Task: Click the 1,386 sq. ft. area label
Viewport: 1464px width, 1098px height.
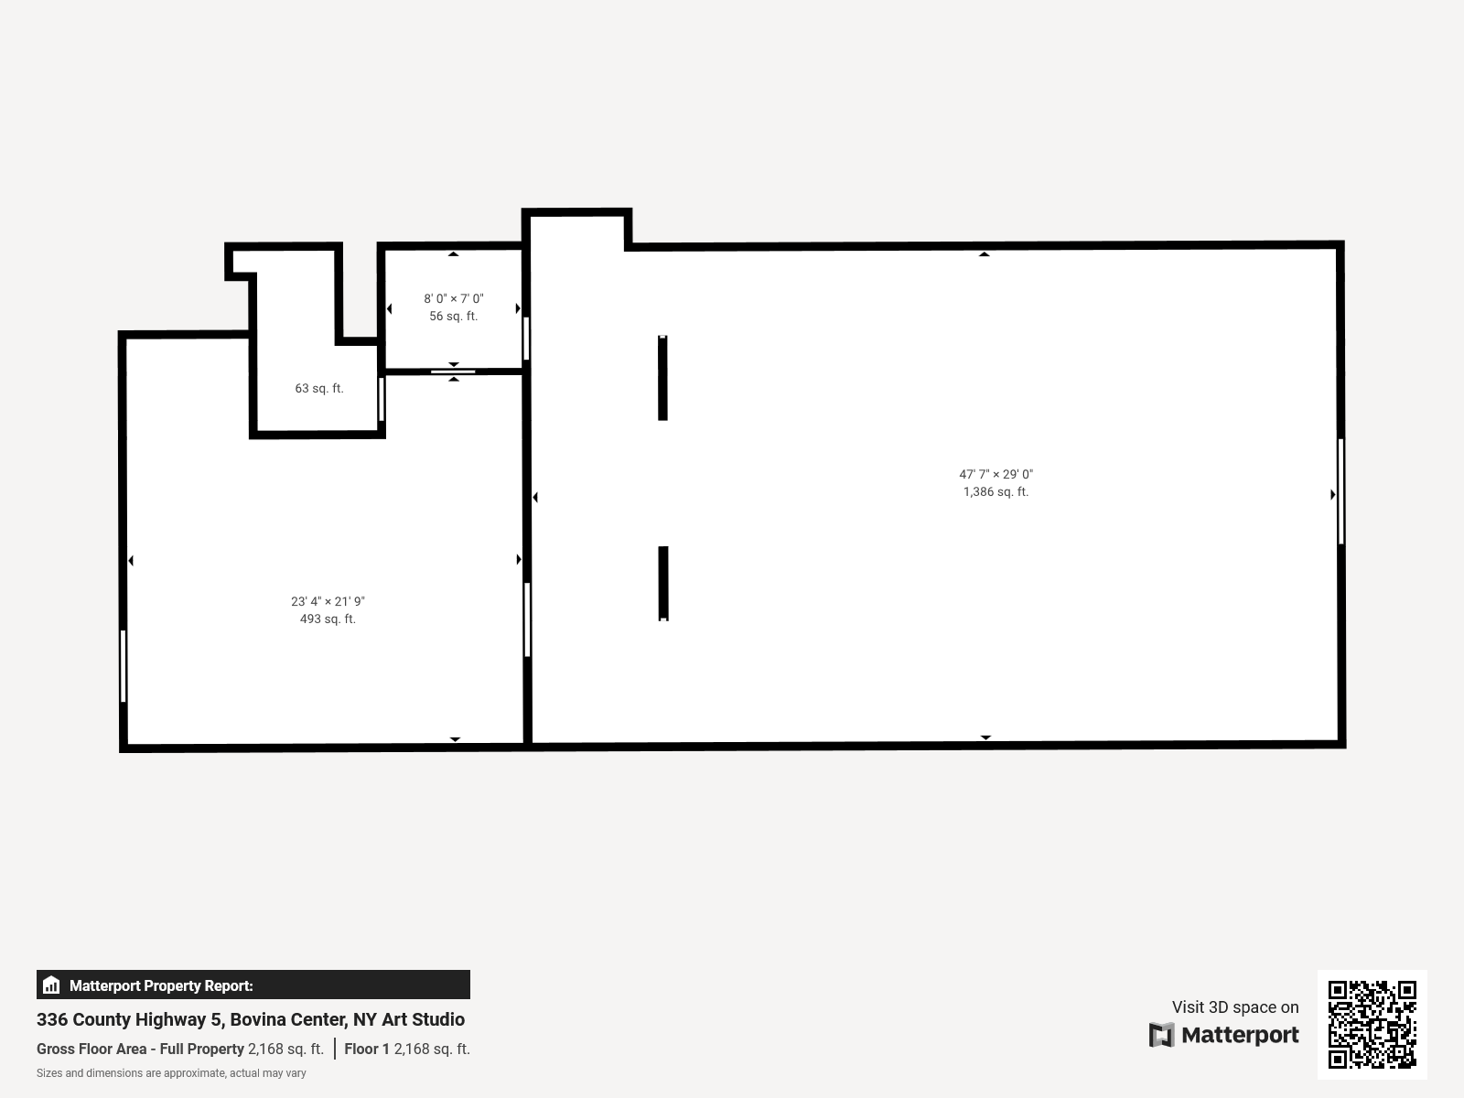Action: (x=996, y=492)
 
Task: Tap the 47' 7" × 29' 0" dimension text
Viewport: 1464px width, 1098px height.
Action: (x=996, y=475)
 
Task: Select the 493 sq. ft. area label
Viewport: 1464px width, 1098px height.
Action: (x=328, y=619)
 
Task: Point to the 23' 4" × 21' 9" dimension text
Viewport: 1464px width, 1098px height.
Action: (x=328, y=601)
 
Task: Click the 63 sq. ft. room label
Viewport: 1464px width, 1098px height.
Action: (x=318, y=388)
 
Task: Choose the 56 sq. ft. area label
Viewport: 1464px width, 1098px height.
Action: (x=454, y=316)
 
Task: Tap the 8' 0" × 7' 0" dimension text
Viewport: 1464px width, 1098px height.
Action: (x=454, y=298)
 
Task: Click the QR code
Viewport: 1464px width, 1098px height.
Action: (x=1372, y=1024)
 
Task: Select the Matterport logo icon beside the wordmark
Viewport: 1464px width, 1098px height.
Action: (x=1161, y=1035)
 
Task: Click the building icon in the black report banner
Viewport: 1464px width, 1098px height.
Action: (x=51, y=985)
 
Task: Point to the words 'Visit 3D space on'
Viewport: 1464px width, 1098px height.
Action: (x=1235, y=1006)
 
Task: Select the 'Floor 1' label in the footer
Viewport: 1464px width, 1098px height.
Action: (x=367, y=1049)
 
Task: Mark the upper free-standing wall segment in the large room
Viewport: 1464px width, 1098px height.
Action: (x=662, y=378)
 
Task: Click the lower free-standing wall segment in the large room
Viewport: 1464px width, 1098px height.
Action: (x=663, y=584)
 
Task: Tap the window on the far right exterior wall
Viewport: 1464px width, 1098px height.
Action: (x=1340, y=491)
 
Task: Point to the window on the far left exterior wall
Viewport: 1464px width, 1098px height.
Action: (x=123, y=666)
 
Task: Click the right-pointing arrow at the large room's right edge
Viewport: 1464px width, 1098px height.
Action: (x=1332, y=495)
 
